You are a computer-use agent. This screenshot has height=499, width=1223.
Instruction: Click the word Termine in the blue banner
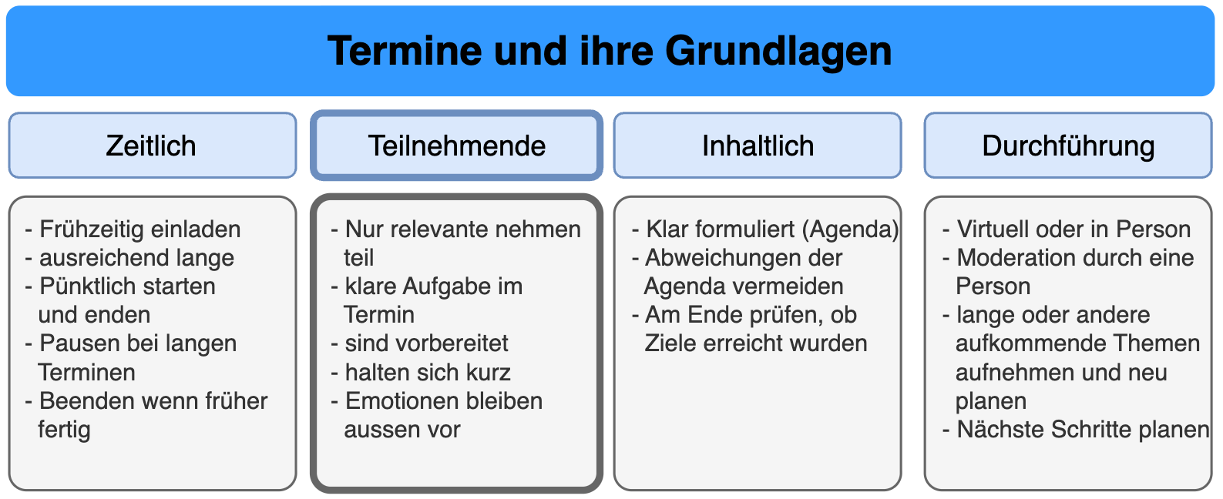405,51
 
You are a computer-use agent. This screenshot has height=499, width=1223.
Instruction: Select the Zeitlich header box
153,145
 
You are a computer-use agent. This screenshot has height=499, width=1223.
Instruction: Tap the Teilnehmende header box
456,145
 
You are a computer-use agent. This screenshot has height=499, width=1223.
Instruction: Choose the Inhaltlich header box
758,145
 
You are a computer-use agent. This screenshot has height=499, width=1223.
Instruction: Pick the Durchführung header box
1068,145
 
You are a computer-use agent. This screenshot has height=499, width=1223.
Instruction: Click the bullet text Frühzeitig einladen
139,229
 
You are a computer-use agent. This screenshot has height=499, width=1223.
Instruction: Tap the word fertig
64,429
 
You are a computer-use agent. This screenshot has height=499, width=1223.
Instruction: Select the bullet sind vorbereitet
426,343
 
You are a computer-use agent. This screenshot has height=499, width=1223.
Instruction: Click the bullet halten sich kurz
428,373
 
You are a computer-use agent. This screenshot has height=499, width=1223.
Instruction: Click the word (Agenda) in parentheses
850,229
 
